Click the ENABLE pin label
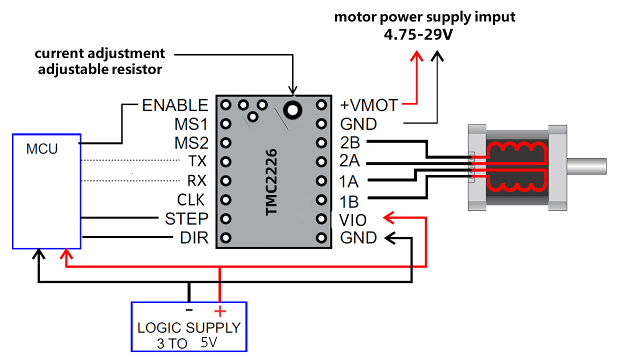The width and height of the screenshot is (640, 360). point(174,105)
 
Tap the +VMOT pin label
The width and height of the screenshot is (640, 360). point(369,105)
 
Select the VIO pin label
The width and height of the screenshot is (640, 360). point(352,219)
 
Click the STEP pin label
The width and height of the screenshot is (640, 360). point(186,219)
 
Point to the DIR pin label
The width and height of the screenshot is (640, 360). point(194,238)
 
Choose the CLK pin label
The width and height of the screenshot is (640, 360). point(191,200)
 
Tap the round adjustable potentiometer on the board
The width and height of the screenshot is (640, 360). point(292,108)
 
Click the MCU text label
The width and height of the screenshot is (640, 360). point(42,148)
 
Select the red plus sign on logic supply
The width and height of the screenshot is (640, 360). point(219,311)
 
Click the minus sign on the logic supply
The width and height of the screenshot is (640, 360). point(189,310)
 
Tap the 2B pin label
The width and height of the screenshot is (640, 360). point(349,143)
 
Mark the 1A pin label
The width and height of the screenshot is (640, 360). point(349,181)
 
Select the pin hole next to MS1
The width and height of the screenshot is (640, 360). point(225,123)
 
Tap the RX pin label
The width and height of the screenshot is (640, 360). point(196,180)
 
